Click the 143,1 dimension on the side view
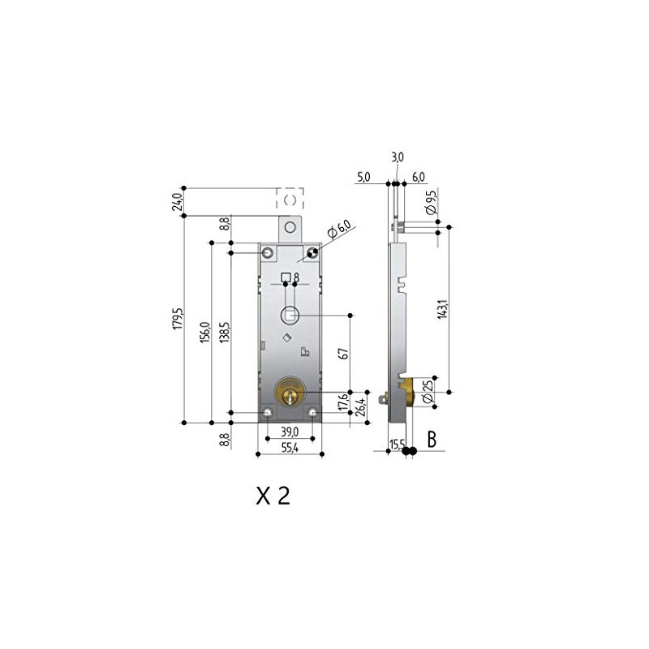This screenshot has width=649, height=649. [x=442, y=310]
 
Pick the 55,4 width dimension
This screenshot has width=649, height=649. [x=290, y=447]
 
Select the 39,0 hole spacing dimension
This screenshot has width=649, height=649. [x=290, y=432]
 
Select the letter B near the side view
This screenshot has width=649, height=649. [x=432, y=441]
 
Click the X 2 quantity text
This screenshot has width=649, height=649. [x=273, y=496]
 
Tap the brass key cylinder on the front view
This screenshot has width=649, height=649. [x=290, y=393]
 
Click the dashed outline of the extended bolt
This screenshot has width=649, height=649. [x=290, y=198]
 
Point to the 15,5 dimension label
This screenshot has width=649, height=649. [x=397, y=445]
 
